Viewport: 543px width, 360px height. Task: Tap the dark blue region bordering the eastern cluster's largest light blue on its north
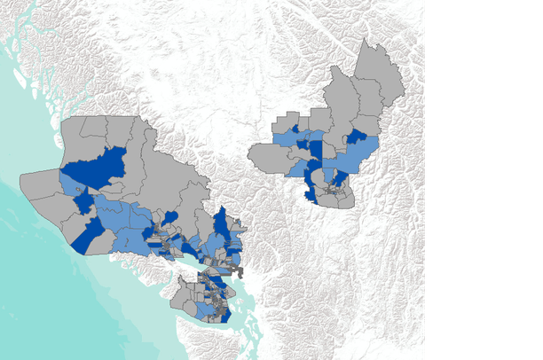click(357, 136)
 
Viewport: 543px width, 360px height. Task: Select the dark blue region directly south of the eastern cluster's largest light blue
click(339, 176)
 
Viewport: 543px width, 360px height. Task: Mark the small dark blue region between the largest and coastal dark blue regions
click(84, 204)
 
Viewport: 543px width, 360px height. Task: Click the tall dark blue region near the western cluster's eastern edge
click(221, 221)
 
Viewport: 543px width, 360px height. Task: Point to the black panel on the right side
click(484, 177)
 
